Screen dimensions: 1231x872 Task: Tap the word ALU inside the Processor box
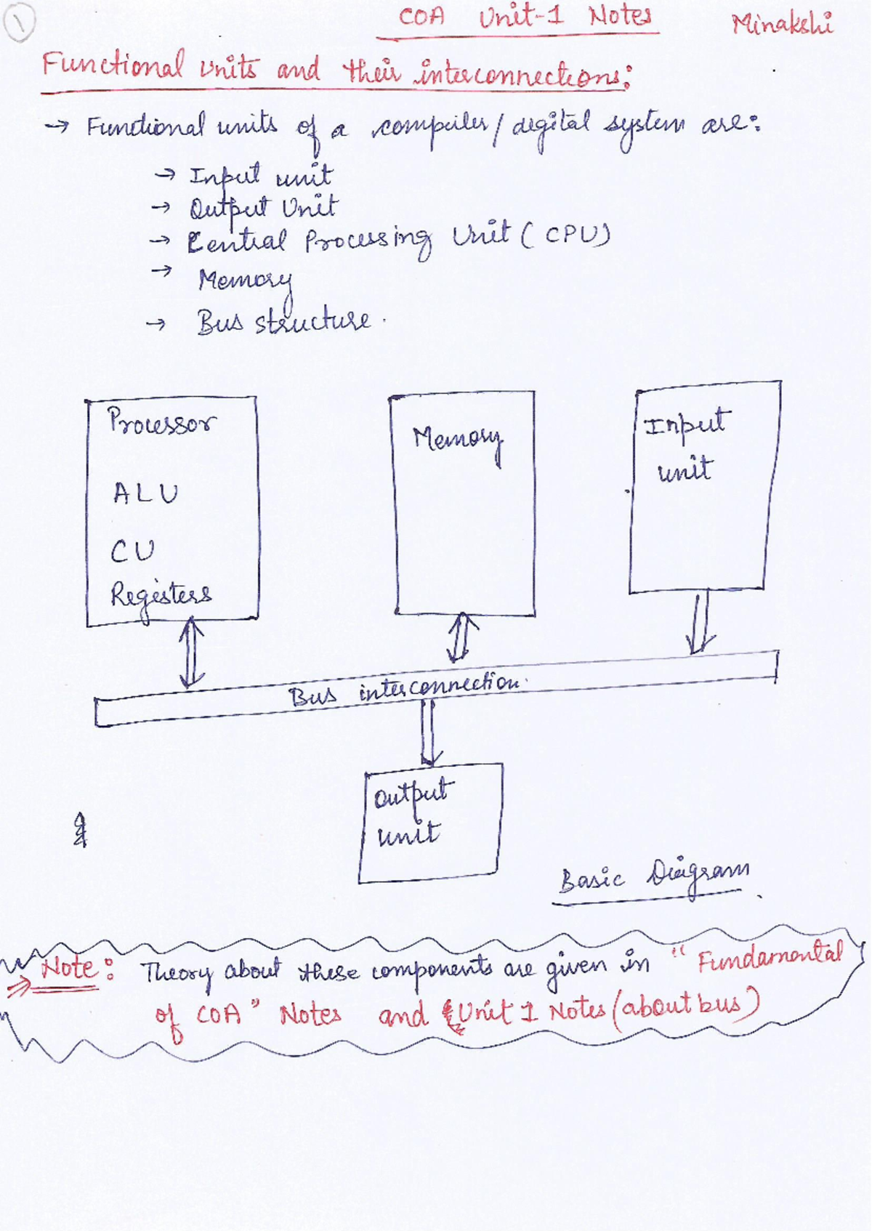tap(145, 494)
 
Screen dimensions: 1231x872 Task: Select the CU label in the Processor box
tap(132, 552)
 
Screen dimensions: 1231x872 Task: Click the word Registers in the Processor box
tap(161, 595)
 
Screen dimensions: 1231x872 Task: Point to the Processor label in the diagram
tap(161, 421)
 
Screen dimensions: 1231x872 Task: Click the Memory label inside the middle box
tap(458, 439)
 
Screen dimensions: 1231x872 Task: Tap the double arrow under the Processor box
tap(191, 652)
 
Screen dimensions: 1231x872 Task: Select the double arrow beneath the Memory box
tap(462, 637)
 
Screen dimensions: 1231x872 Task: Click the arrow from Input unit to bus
tap(701, 623)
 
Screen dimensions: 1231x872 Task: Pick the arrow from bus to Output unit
tap(429, 732)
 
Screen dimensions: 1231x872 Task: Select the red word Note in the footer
tap(68, 967)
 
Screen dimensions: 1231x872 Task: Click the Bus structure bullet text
tap(283, 322)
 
